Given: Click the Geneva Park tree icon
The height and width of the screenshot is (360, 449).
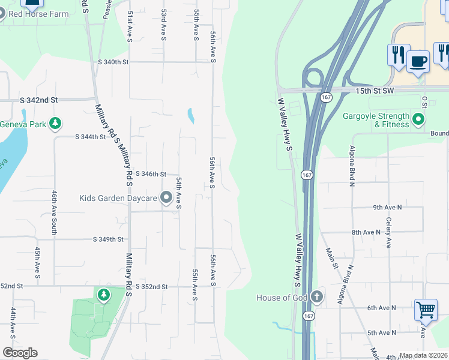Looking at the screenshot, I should pyautogui.click(x=55, y=124).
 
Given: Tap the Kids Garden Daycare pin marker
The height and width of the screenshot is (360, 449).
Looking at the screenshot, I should pyautogui.click(x=166, y=198).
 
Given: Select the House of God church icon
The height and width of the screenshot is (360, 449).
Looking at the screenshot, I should pyautogui.click(x=316, y=297).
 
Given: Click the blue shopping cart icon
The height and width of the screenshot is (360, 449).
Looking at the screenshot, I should pyautogui.click(x=426, y=310).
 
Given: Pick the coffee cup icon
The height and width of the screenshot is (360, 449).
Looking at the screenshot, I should pyautogui.click(x=418, y=60).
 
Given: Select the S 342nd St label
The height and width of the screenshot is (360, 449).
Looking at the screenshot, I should pyautogui.click(x=38, y=100).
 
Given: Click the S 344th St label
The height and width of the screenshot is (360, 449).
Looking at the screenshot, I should pyautogui.click(x=91, y=137).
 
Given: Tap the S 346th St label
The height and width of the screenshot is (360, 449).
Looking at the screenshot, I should pyautogui.click(x=151, y=173).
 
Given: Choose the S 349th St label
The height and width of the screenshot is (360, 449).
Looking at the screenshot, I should pyautogui.click(x=108, y=239).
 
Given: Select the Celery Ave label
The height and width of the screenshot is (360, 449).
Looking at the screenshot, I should pyautogui.click(x=388, y=233).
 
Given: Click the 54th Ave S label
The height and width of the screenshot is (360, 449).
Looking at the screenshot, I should pyautogui.click(x=178, y=192).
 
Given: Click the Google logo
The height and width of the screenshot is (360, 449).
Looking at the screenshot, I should pyautogui.click(x=20, y=353).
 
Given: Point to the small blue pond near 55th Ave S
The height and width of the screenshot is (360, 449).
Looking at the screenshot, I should pyautogui.click(x=191, y=115).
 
